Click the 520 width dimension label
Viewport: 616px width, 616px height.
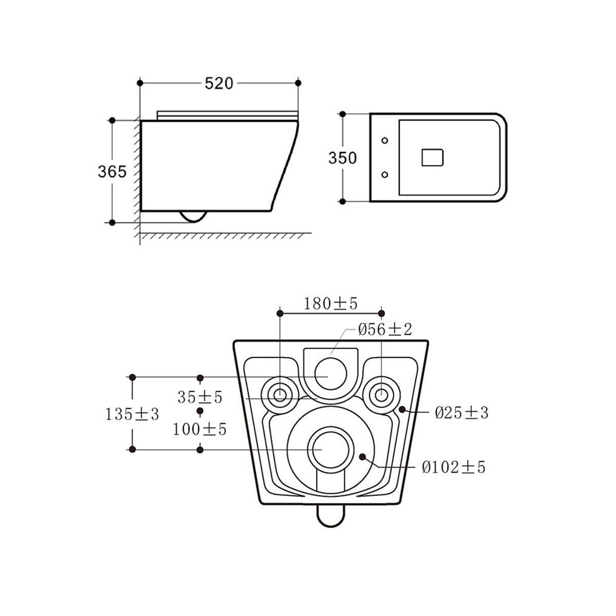tap(219, 84)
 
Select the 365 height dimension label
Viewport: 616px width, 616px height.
tap(112, 171)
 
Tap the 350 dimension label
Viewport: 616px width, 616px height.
tap(342, 158)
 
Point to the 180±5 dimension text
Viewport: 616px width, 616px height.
tap(330, 304)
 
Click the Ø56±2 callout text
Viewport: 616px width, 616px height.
tap(385, 329)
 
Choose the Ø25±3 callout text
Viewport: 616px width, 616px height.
tap(461, 413)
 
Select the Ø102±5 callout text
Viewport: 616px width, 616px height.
tap(454, 467)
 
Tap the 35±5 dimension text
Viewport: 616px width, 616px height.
tap(200, 397)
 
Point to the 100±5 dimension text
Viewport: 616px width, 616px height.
tap(200, 429)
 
